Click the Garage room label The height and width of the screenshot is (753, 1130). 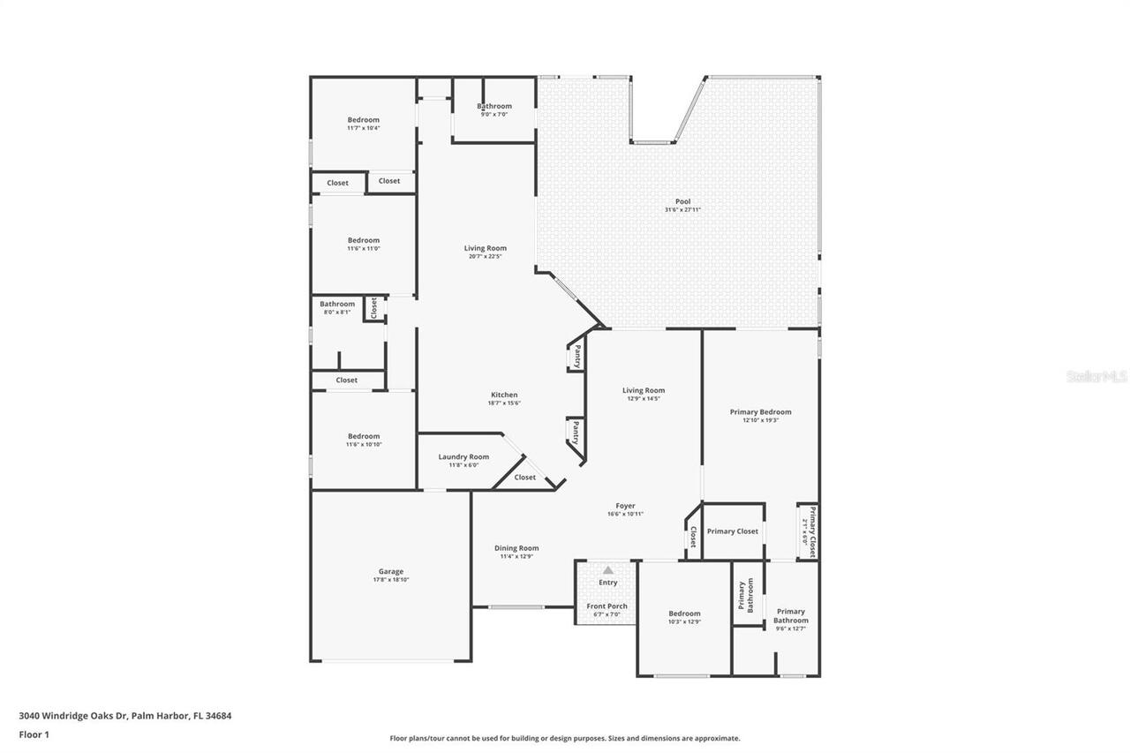tap(390, 571)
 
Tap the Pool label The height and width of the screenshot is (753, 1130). tap(682, 201)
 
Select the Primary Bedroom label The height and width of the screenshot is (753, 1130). tap(760, 411)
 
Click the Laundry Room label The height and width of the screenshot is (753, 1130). tap(463, 456)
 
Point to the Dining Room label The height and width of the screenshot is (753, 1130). tap(516, 548)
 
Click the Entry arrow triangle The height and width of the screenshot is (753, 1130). tap(608, 570)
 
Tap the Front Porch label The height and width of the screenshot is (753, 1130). tap(607, 606)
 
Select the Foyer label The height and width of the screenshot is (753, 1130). tap(625, 506)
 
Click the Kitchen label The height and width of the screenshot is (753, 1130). tap(504, 395)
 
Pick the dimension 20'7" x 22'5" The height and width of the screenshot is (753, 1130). tap(486, 257)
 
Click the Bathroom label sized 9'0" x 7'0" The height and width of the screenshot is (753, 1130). tap(494, 106)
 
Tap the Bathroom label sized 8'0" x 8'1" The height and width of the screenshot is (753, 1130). tap(337, 304)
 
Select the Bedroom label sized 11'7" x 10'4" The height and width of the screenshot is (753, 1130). tap(363, 120)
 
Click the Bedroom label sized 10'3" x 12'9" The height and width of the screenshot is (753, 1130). tap(684, 614)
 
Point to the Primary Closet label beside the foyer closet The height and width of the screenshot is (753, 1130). tap(733, 531)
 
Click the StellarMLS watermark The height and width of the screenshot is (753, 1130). tap(1096, 376)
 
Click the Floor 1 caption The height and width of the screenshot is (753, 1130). tap(34, 734)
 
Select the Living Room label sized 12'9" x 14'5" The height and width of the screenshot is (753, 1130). tap(644, 390)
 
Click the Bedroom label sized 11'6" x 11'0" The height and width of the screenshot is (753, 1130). tap(363, 240)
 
